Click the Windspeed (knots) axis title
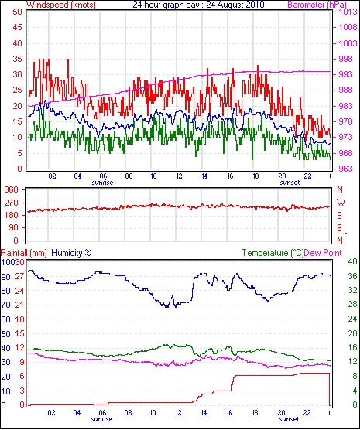[60, 5]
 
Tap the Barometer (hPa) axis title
[317, 5]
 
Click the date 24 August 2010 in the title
[235, 5]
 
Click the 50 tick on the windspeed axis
[17, 12]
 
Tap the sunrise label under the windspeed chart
[102, 183]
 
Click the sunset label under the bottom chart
[289, 419]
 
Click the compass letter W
[341, 203]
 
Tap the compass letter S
[340, 216]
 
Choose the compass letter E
[340, 228]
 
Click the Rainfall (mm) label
[24, 253]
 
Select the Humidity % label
[71, 253]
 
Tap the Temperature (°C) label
[273, 253]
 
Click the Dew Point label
[323, 253]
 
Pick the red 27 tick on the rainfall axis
[19, 276]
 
